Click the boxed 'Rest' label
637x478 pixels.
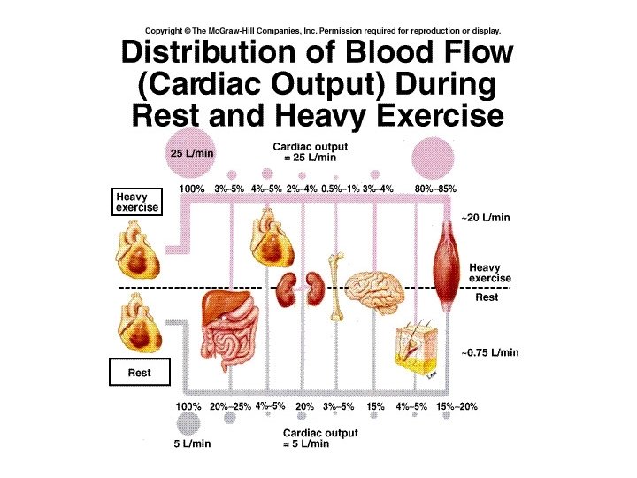(139, 373)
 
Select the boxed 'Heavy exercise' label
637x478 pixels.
(137, 202)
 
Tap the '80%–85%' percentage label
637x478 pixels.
(435, 189)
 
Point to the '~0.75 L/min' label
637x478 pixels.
(489, 352)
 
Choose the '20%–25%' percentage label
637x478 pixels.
(230, 406)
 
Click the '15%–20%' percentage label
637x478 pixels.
(457, 406)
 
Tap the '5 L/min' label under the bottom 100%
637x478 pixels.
(189, 444)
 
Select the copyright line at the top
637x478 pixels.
(321, 29)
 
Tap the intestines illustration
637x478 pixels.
(234, 349)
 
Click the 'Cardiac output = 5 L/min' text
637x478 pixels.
(320, 438)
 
